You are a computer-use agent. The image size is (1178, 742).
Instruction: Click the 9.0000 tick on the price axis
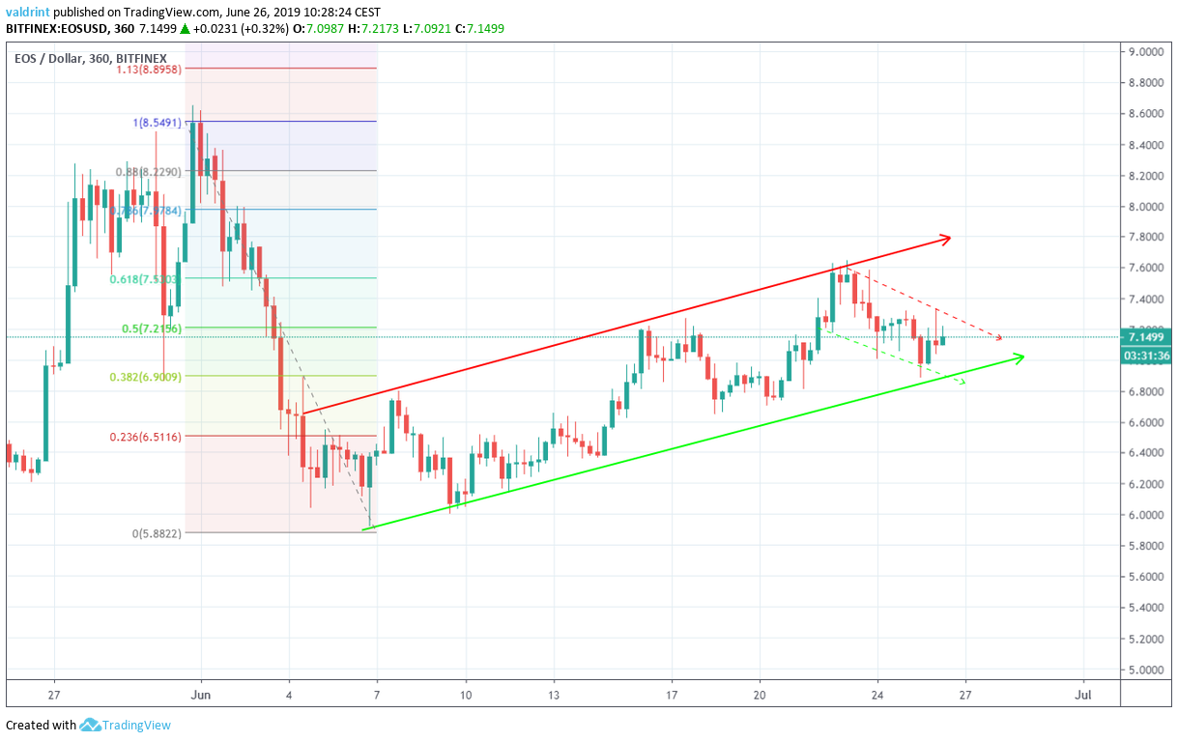[x=1146, y=52]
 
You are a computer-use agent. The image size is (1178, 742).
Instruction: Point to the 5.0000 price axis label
[x=1146, y=670]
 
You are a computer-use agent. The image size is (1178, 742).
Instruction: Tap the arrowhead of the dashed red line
[x=999, y=337]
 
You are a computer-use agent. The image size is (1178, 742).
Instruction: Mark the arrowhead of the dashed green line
[x=961, y=384]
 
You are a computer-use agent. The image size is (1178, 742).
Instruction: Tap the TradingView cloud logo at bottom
[x=91, y=725]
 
